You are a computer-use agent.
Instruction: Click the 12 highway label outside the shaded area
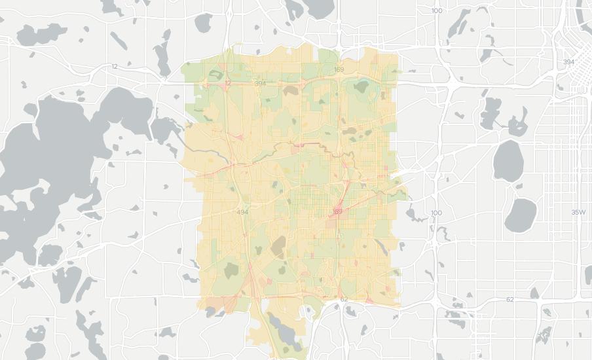(x=115, y=66)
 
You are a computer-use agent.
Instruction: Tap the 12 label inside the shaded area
(x=228, y=83)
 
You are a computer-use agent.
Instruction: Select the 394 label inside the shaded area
(x=260, y=83)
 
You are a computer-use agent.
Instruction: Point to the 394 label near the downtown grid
(x=568, y=62)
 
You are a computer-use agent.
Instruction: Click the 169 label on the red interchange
(x=338, y=211)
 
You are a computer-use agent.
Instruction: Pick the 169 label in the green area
(x=339, y=69)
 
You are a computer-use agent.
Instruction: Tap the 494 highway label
(x=242, y=212)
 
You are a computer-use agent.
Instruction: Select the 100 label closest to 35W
(x=437, y=213)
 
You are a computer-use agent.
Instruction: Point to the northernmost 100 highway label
(x=437, y=10)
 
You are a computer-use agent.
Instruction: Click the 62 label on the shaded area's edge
(x=344, y=299)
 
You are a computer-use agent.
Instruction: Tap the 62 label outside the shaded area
(x=510, y=299)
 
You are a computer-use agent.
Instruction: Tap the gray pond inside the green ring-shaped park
(x=362, y=84)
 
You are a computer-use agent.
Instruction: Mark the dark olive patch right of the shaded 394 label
(x=290, y=90)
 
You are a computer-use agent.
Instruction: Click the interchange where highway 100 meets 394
(x=452, y=83)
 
